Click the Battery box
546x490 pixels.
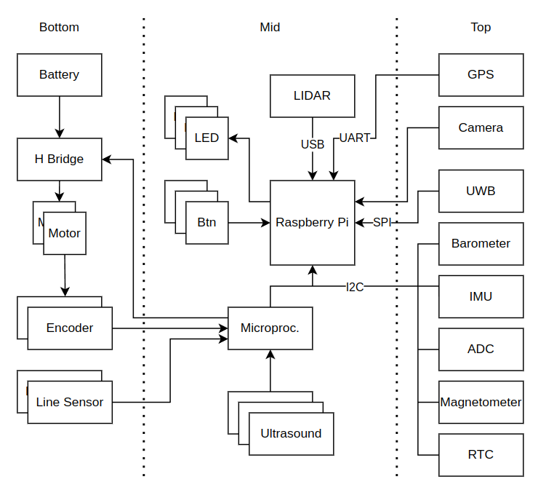(59, 74)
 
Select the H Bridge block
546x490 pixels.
(59, 159)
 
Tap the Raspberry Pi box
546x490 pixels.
(312, 223)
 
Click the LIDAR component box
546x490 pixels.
(312, 95)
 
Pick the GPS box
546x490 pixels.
(481, 74)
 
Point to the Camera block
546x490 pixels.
(481, 127)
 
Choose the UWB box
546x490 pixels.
(481, 191)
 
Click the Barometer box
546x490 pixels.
(481, 243)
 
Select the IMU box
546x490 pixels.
(481, 296)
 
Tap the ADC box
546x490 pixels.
(481, 349)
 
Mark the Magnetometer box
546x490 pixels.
(481, 402)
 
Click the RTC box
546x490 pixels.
(481, 454)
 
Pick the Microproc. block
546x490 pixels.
(270, 328)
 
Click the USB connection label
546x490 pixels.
(313, 144)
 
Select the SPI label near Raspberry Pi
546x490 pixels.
(382, 223)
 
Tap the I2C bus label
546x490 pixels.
(355, 287)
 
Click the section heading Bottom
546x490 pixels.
(59, 27)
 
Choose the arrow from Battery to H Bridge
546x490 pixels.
(59, 116)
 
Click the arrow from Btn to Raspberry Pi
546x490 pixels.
(249, 223)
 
